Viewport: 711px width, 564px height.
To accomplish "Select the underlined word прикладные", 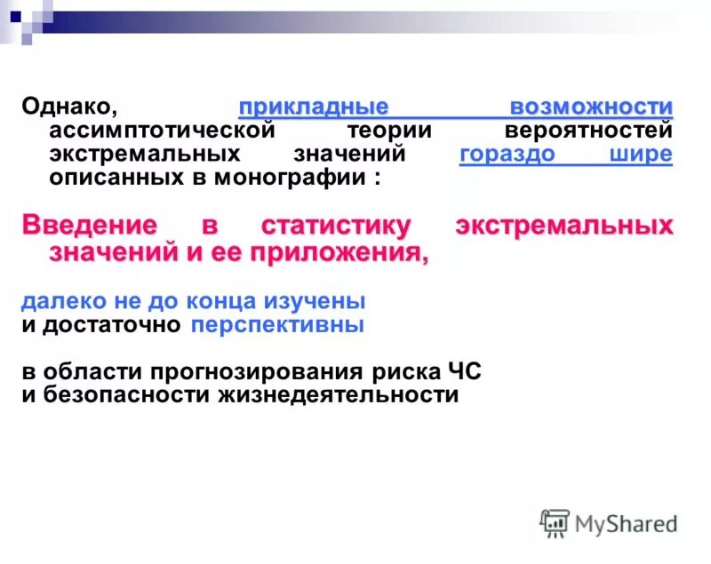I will pos(314,107).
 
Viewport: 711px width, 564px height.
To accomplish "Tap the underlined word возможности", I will pos(591,107).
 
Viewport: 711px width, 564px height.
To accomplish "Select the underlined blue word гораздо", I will pos(507,154).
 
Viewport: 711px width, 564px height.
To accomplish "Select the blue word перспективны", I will pos(277,324).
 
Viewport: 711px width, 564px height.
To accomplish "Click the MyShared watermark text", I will pos(626,523).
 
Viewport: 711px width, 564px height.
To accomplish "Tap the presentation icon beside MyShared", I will pos(555,523).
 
